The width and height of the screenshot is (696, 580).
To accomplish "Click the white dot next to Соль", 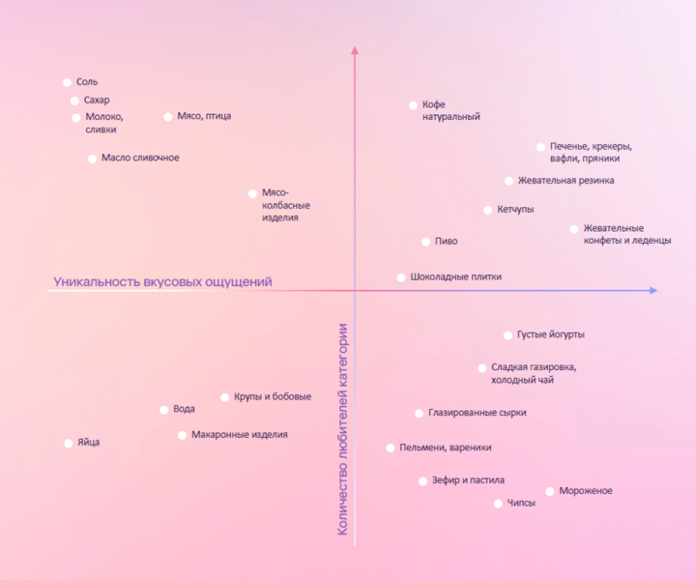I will tap(67, 83).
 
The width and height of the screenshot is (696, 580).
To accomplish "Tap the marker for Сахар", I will tap(74, 101).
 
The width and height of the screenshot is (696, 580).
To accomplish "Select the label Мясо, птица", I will tap(204, 117).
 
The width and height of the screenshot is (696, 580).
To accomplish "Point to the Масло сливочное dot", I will tap(93, 159).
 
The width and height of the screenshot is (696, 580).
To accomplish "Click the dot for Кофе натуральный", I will tap(413, 105).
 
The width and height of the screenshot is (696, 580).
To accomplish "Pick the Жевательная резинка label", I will tap(565, 181).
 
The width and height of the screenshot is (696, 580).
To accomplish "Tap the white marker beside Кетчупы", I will tap(488, 210).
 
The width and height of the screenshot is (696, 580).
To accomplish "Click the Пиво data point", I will tap(425, 242).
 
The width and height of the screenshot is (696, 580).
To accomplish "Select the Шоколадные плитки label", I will tap(455, 277).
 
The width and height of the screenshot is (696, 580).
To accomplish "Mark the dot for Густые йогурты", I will tap(507, 335).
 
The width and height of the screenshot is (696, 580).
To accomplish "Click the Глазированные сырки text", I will tap(478, 413).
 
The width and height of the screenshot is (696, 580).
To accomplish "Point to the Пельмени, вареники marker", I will tap(391, 449).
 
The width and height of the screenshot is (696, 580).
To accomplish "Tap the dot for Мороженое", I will tap(550, 492).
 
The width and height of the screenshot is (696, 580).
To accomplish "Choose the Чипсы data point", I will tap(498, 504).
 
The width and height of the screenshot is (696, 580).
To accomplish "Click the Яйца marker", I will tap(69, 444).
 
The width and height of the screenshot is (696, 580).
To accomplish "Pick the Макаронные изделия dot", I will tap(182, 435).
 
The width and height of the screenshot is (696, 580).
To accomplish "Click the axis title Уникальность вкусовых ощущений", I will tap(162, 282).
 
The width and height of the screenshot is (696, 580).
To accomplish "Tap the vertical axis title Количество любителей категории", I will tap(343, 427).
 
